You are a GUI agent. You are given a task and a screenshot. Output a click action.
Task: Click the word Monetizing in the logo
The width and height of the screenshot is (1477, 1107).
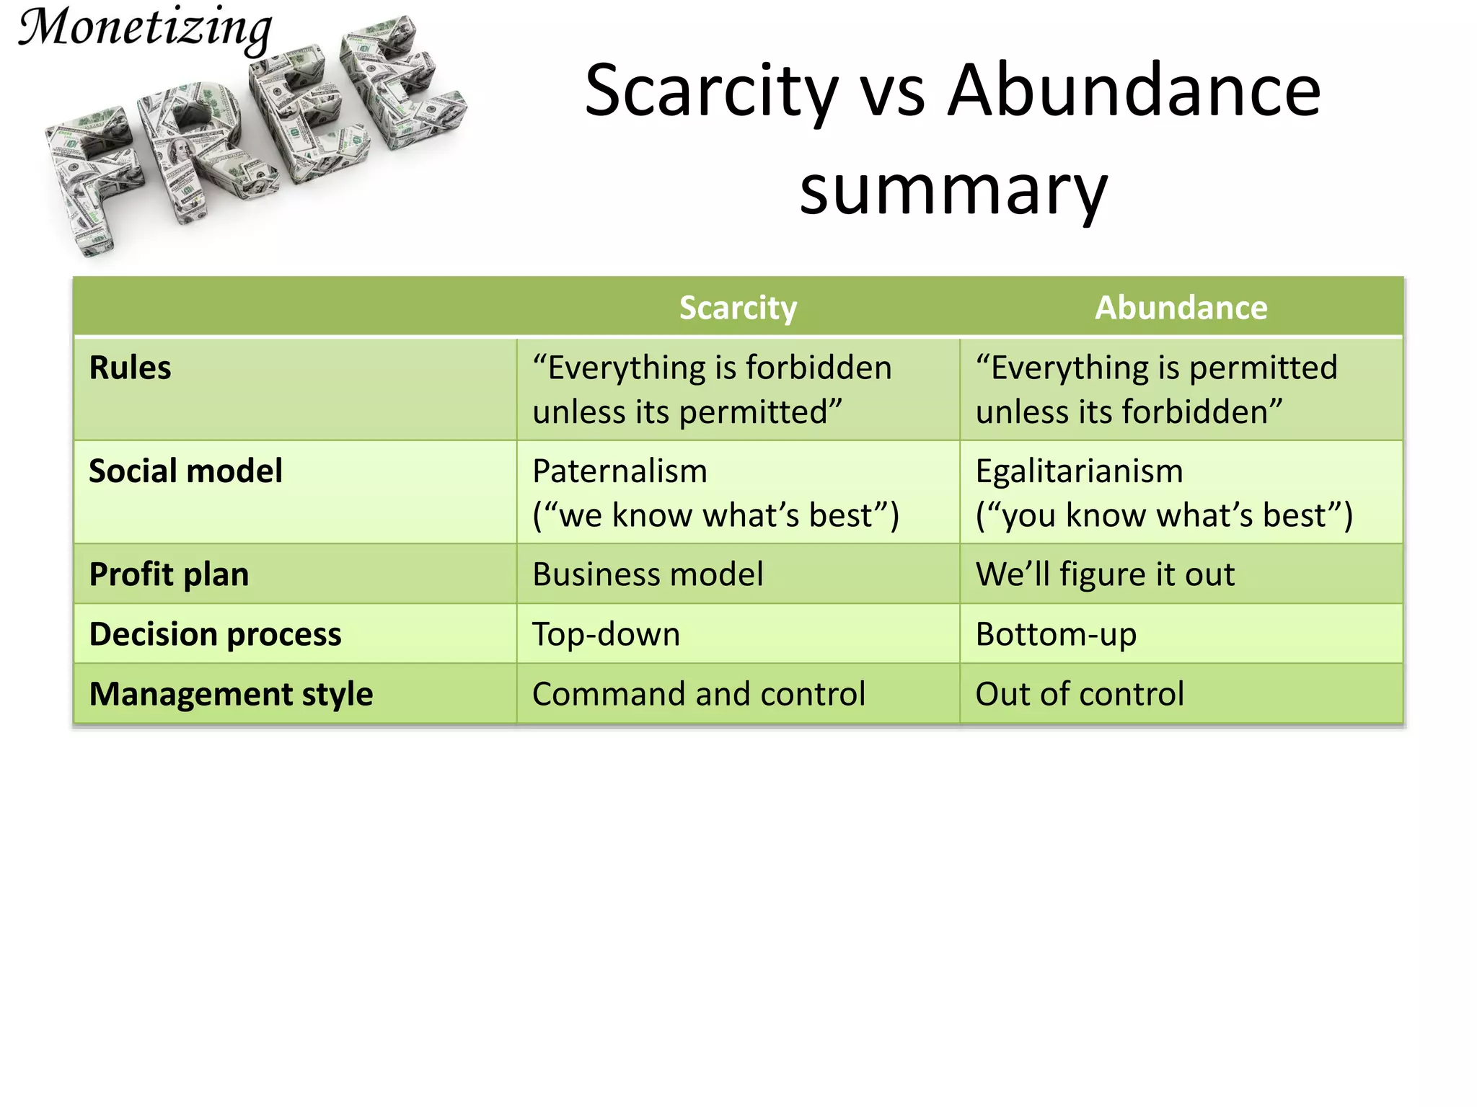(144, 29)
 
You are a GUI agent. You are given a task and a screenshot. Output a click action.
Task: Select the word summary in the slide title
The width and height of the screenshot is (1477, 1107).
(953, 190)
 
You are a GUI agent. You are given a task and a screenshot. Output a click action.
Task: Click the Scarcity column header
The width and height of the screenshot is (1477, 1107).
(738, 308)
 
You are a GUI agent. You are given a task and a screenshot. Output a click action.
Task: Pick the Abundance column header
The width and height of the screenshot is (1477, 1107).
(1181, 308)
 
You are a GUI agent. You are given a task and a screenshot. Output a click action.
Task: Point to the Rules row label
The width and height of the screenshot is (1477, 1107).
(130, 368)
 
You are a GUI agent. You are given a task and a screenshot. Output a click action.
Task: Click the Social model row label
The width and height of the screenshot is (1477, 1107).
(185, 471)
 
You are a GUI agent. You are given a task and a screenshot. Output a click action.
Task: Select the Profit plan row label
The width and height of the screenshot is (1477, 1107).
(169, 574)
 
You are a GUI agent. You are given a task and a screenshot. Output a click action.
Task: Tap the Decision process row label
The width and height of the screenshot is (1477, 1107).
(215, 634)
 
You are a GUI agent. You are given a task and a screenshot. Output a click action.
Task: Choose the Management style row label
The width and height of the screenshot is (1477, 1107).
(231, 694)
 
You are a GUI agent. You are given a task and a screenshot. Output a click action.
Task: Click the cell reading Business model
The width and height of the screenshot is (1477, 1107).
(648, 574)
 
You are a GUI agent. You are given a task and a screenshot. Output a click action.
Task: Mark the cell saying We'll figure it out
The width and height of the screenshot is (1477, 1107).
(1105, 574)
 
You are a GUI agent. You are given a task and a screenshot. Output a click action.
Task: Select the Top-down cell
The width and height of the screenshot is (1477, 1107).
(606, 634)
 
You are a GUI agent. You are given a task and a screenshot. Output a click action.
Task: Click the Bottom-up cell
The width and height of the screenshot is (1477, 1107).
(1056, 634)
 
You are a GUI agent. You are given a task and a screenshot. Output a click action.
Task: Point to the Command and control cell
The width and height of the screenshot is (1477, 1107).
(698, 694)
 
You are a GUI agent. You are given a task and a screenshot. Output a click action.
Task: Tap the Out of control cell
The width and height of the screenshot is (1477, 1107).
(1080, 694)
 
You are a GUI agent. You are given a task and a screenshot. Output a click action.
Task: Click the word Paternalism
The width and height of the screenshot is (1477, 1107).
(620, 471)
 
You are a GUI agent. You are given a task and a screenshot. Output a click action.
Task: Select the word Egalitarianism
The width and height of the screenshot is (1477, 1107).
(1079, 471)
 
